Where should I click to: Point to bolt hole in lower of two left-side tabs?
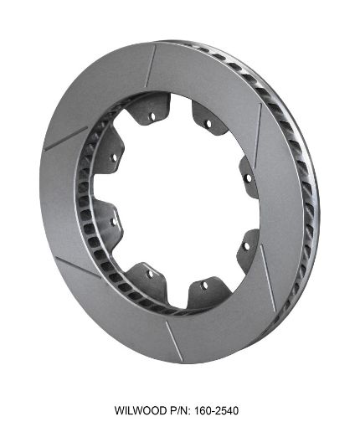(116, 221)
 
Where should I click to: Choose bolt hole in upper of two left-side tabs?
(114, 157)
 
